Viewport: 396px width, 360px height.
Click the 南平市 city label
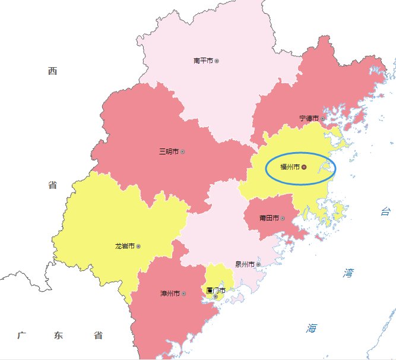pyautogui.click(x=203, y=61)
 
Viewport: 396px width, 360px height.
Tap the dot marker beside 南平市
pyautogui.click(x=217, y=61)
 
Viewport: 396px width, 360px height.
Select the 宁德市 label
pyautogui.click(x=309, y=119)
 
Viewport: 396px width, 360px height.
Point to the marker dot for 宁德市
pyautogui.click(x=322, y=119)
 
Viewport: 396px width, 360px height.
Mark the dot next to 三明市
pyautogui.click(x=182, y=152)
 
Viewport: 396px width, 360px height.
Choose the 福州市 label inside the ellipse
pyautogui.click(x=290, y=168)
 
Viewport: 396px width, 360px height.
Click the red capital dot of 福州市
pyautogui.click(x=304, y=168)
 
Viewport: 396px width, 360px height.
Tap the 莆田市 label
pyautogui.click(x=269, y=218)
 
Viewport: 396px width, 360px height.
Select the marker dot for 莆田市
pyautogui.click(x=283, y=218)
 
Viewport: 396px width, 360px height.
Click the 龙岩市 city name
pyautogui.click(x=125, y=246)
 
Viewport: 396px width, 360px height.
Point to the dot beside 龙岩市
pyautogui.click(x=138, y=246)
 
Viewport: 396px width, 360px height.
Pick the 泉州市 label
pyautogui.click(x=245, y=264)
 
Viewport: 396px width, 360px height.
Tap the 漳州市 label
pyautogui.click(x=170, y=293)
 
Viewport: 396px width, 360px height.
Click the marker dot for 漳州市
pyautogui.click(x=184, y=293)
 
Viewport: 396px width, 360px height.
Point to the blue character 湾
pyautogui.click(x=348, y=273)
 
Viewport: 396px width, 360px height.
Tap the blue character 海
pyautogui.click(x=312, y=328)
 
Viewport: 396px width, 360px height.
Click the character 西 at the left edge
pyautogui.click(x=52, y=72)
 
